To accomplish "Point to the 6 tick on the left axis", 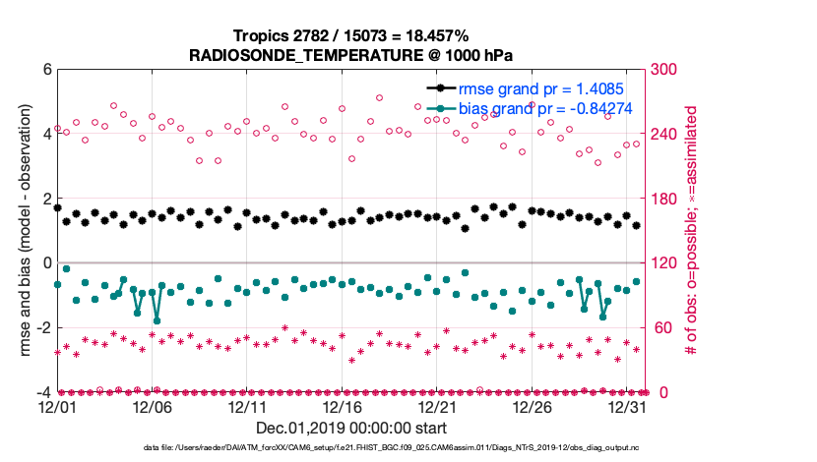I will [x=46, y=70].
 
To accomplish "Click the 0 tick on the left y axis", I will [x=46, y=263].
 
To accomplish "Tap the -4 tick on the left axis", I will [x=41, y=392].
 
